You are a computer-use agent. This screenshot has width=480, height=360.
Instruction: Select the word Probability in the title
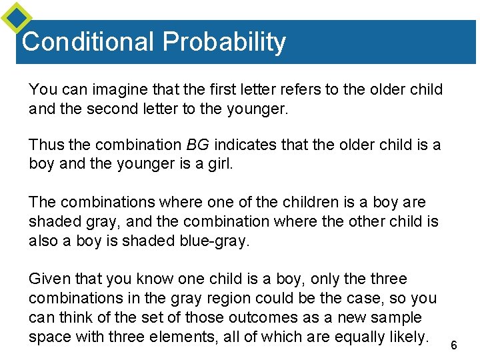(x=224, y=43)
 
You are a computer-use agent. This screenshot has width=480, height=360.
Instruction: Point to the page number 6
(x=454, y=345)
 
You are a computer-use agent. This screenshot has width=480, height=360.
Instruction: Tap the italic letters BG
(x=197, y=145)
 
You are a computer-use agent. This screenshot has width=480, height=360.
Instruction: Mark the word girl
(x=220, y=163)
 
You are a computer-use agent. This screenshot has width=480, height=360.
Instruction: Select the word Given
(x=49, y=279)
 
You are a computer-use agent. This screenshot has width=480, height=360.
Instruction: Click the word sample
(x=398, y=317)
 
